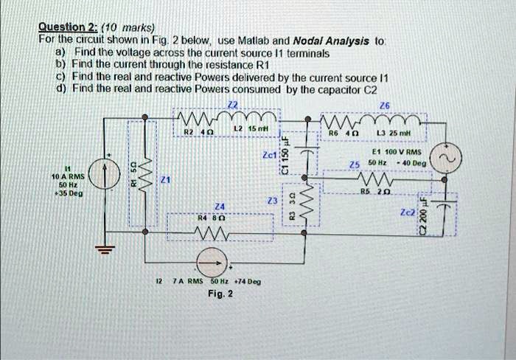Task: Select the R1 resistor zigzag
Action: [x=150, y=176]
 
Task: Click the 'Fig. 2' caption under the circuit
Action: [x=220, y=294]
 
